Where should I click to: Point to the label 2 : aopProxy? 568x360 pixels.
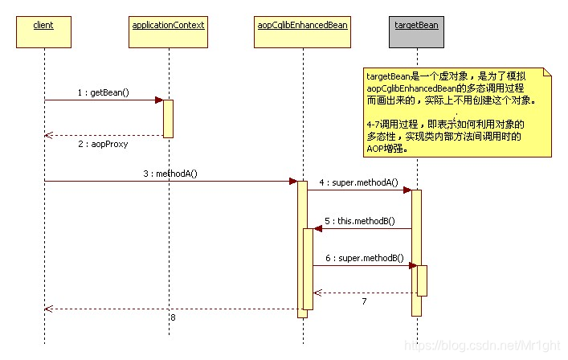click(x=102, y=145)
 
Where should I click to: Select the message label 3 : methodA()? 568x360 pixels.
click(x=172, y=173)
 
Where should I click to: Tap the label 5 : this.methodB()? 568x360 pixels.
click(x=360, y=220)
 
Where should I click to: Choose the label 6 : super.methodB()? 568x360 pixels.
click(x=360, y=257)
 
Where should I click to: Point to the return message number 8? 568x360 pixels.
click(x=172, y=318)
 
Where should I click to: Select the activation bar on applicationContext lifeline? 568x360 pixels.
click(x=168, y=118)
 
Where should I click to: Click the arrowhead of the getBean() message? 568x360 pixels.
click(x=159, y=100)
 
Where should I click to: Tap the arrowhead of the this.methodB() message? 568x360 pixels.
click(x=318, y=228)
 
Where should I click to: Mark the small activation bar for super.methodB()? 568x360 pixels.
click(x=422, y=280)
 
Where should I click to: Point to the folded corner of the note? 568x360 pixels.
click(x=547, y=73)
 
